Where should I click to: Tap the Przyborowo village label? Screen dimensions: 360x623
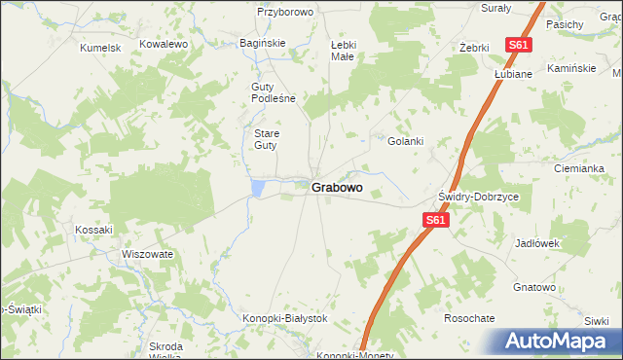284,12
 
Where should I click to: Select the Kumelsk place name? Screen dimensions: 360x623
100,47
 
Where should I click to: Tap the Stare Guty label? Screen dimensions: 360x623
266,139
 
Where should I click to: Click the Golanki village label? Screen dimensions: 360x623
406,141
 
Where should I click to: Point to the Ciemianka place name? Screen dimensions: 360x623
579,168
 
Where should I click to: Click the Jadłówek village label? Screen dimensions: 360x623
537,243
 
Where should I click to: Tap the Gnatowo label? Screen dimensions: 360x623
534,288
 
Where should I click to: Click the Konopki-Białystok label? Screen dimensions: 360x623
284,318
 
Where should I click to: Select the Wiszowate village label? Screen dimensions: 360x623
147,254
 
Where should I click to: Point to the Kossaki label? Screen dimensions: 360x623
94,230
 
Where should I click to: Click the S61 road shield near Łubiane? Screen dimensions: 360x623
518,45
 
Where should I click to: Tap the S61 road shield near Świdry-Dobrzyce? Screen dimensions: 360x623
435,222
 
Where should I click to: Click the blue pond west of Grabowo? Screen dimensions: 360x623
257,187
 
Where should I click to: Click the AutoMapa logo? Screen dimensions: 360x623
558,341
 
